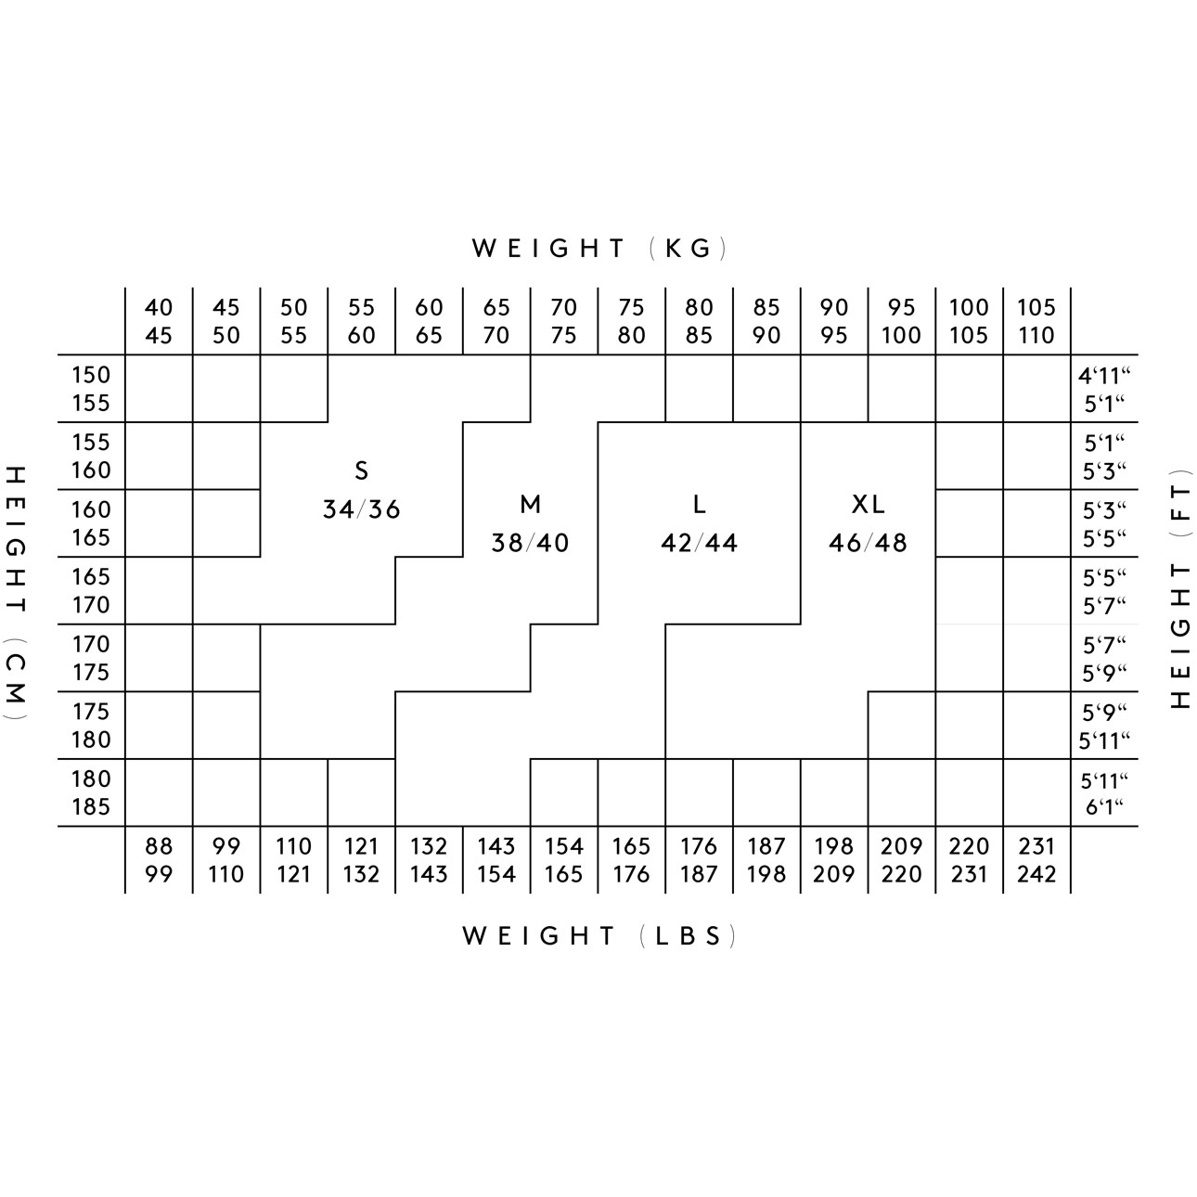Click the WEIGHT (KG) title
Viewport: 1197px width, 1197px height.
(598, 249)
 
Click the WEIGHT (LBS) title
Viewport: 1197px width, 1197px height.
(598, 936)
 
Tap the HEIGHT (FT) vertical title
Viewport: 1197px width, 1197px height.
(1181, 589)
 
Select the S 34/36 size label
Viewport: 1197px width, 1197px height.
(362, 490)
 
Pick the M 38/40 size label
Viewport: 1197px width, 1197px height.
(531, 523)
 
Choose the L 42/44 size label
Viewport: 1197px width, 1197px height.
(700, 523)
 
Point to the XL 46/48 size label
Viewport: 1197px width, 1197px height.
(869, 523)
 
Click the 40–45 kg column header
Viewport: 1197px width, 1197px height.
(159, 321)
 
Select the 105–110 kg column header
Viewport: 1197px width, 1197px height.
(1036, 321)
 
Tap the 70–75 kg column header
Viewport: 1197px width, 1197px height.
(564, 321)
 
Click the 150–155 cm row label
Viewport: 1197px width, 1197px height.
(91, 389)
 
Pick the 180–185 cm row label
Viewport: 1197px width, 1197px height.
(91, 792)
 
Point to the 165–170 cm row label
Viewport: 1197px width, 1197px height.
(91, 591)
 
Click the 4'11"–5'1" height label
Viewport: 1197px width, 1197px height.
(1104, 390)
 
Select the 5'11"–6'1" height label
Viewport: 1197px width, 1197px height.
(1104, 793)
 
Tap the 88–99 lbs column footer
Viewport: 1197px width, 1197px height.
(159, 860)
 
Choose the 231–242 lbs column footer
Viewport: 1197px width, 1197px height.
(1036, 860)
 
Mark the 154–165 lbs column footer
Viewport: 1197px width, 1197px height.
(564, 860)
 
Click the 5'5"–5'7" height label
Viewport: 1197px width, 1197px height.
(1104, 591)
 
